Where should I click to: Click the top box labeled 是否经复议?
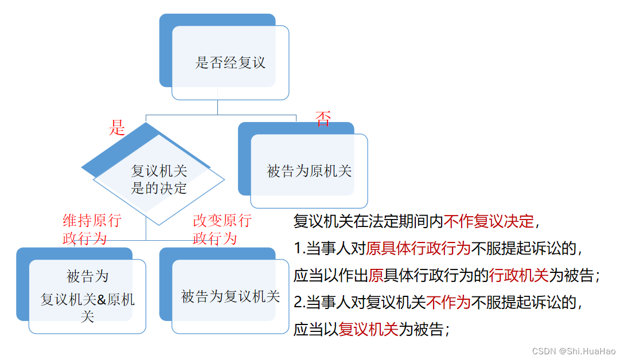tap(230, 62)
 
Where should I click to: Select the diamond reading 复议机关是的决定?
tap(159, 179)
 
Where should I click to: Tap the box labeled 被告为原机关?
tap(309, 171)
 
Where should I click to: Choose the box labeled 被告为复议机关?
tap(230, 296)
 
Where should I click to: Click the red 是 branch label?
tap(117, 128)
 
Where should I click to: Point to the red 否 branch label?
tap(323, 119)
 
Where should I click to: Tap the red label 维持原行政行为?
tap(91, 229)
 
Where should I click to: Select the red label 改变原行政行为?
tap(222, 229)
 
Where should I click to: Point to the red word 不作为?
tap(448, 302)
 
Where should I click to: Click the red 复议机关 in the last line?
tap(368, 329)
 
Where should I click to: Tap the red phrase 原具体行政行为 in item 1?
tap(418, 248)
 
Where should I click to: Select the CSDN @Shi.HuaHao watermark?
tap(574, 351)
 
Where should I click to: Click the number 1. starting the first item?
tap(299, 249)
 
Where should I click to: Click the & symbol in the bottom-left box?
tap(100, 299)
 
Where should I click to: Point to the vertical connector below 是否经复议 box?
tap(217, 107)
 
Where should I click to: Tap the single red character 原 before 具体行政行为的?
tap(376, 276)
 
